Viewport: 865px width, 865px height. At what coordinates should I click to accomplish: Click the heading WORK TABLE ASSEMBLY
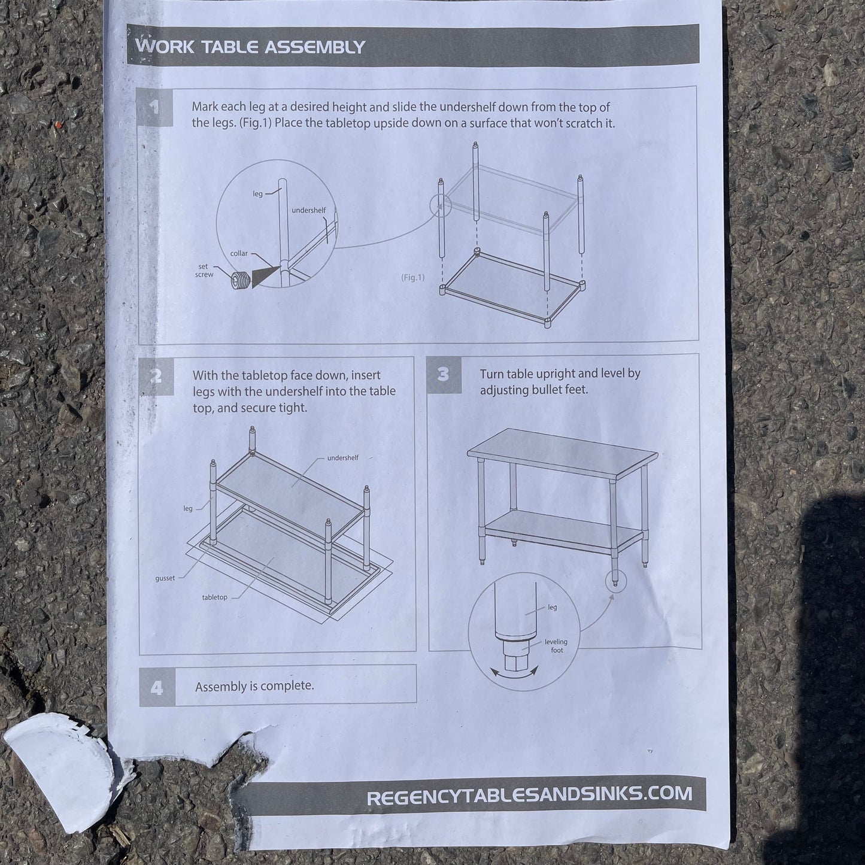(250, 47)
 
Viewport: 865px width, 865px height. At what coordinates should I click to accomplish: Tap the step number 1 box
(155, 108)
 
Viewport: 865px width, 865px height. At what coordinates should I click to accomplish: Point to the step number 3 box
(444, 374)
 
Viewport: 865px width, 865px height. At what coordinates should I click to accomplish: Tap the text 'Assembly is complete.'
(254, 687)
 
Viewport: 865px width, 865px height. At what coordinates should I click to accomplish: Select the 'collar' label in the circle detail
(239, 254)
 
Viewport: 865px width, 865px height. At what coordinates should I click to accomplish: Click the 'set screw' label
(204, 271)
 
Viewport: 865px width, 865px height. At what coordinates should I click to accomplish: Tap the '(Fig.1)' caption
(412, 278)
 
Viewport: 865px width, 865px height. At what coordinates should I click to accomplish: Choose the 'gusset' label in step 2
(165, 578)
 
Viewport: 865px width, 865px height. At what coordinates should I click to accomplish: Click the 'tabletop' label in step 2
(214, 597)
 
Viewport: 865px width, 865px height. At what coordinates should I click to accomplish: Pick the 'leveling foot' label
(556, 646)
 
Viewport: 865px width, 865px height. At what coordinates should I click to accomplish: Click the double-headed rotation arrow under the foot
(514, 672)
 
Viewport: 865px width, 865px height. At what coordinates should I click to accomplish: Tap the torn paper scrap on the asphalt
(60, 766)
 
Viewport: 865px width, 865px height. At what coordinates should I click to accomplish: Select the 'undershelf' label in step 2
(342, 459)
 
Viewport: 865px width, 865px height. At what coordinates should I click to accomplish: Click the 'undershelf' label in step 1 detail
(309, 210)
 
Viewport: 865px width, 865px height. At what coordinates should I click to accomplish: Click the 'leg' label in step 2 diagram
(187, 509)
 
